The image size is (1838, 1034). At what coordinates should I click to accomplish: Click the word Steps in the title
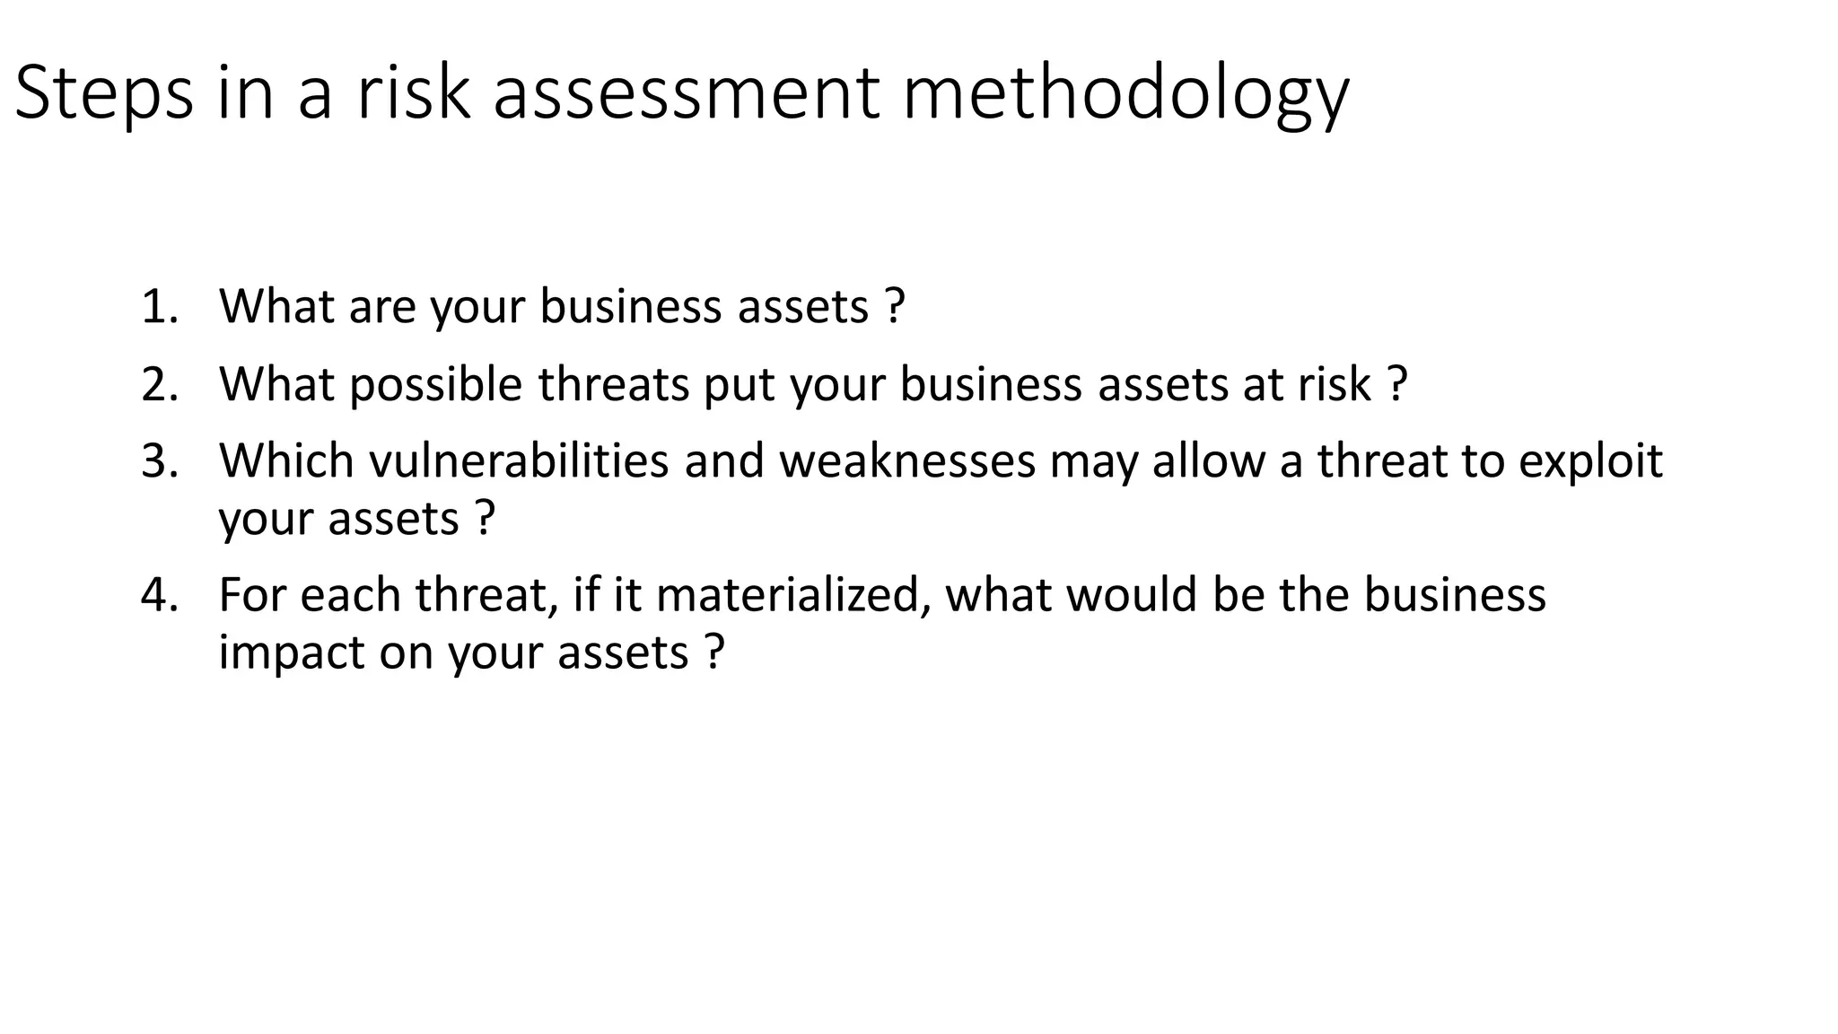click(x=103, y=93)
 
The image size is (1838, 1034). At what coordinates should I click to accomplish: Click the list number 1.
click(x=159, y=307)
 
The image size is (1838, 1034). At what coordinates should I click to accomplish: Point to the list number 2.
click(x=159, y=384)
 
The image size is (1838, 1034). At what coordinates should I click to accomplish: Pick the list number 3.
click(x=159, y=460)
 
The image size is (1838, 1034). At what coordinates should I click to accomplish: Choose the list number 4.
click(x=159, y=595)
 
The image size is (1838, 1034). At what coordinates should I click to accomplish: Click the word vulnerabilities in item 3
click(x=519, y=460)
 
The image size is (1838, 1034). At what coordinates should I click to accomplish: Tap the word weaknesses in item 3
click(x=907, y=460)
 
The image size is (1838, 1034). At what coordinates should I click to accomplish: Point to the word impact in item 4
click(x=291, y=653)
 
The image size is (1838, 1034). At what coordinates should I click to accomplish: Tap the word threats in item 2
click(x=613, y=384)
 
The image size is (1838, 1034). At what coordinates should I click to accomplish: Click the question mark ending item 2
click(x=1396, y=384)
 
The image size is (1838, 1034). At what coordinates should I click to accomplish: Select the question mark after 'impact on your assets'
click(x=713, y=653)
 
